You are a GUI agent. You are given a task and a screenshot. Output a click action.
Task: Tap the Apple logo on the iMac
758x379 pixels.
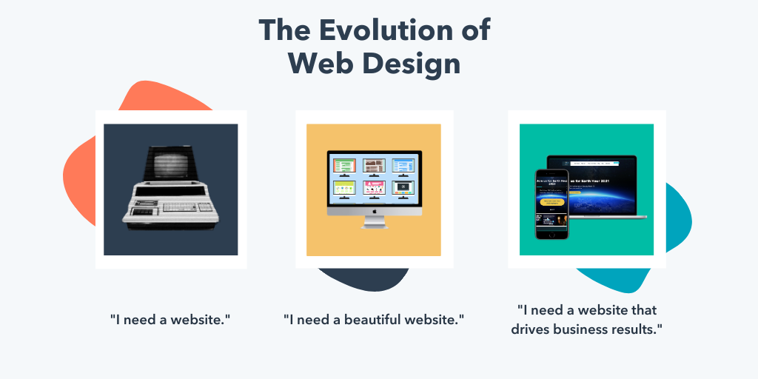pyautogui.click(x=375, y=210)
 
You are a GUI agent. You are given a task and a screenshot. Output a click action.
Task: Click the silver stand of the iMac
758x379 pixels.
pyautogui.click(x=375, y=222)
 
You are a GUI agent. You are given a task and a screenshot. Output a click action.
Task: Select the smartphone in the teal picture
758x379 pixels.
pyautogui.click(x=551, y=204)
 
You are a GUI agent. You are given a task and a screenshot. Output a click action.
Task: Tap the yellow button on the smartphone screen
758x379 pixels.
pyautogui.click(x=551, y=201)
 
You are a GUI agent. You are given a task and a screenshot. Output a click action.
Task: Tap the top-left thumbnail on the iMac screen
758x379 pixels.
pyautogui.click(x=344, y=165)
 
